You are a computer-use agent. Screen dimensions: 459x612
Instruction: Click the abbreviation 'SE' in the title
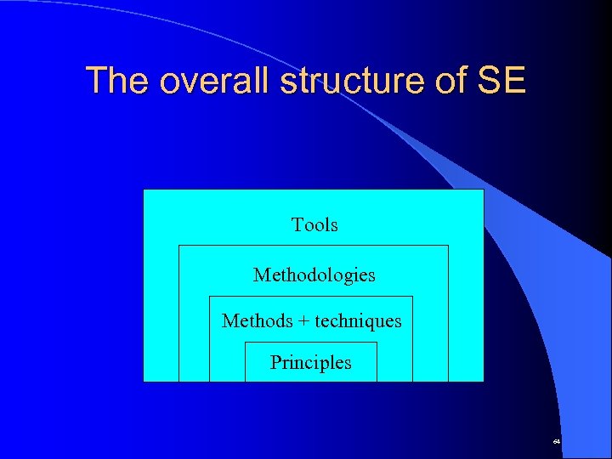point(502,81)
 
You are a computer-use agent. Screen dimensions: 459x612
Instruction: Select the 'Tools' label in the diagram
point(314,225)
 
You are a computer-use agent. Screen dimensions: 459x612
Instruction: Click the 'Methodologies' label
point(314,275)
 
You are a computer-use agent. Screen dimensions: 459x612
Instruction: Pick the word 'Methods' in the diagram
point(256,321)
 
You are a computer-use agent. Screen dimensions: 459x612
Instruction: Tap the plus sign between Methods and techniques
point(303,321)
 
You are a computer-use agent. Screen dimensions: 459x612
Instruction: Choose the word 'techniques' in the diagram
point(358,321)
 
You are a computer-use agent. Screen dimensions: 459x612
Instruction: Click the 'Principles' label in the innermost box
point(310,363)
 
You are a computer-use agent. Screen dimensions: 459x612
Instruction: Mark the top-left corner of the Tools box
point(144,190)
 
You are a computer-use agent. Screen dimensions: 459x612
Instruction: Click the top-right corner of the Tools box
point(484,190)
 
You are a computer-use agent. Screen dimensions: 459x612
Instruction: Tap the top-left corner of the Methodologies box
point(178,246)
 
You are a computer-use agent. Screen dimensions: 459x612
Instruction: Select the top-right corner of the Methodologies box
point(448,246)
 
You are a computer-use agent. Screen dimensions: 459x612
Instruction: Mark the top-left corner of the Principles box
point(245,343)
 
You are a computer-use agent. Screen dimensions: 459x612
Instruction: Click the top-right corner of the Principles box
point(377,343)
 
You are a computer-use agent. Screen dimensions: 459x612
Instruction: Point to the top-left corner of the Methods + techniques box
point(209,297)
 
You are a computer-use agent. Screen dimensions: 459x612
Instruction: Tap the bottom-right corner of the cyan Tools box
point(484,381)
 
